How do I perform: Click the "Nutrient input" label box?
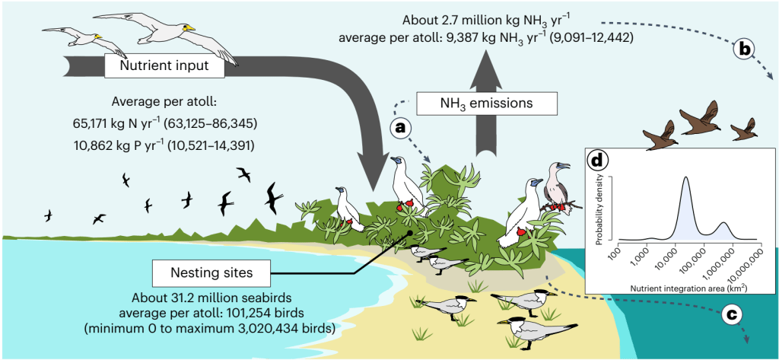[x=164, y=65]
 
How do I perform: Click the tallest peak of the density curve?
[x=686, y=177]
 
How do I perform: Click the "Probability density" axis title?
[x=599, y=208]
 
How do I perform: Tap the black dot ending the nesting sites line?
[x=409, y=233]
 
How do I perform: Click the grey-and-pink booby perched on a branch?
[x=555, y=189]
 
